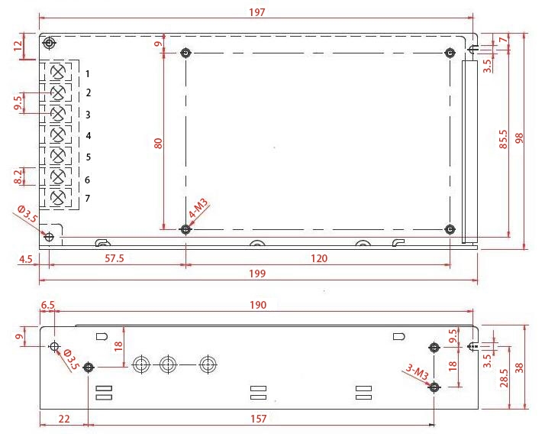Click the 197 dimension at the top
point(257,11)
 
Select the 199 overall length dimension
point(257,274)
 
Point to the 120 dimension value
point(318,259)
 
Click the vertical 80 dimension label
point(158,143)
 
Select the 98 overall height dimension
point(520,138)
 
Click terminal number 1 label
point(89,73)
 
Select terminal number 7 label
point(89,199)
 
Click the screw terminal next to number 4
point(57,135)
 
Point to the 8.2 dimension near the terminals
point(19,177)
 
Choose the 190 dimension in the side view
point(257,305)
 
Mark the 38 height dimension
point(520,367)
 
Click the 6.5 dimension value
point(47,305)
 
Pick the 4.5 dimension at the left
point(24,259)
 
